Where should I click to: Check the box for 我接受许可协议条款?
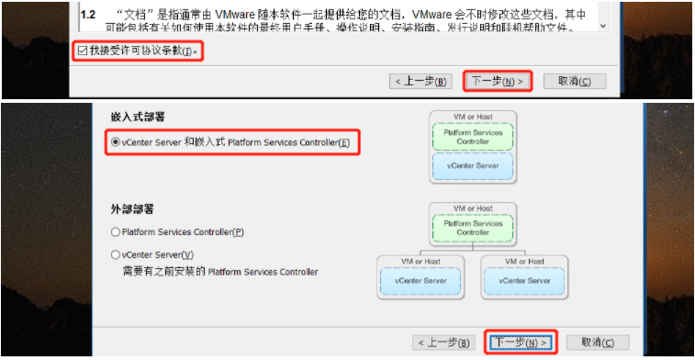[x=83, y=51]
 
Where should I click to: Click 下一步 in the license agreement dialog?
[x=497, y=81]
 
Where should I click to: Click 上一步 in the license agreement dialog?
[x=420, y=81]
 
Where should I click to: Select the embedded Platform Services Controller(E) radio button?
[x=116, y=142]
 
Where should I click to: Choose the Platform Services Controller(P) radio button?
[x=116, y=232]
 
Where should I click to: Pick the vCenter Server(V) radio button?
[x=116, y=254]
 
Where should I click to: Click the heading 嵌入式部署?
[x=130, y=117]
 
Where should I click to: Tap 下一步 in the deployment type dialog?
[x=521, y=343]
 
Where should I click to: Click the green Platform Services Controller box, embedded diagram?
[x=473, y=138]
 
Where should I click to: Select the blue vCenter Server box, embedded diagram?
[x=473, y=166]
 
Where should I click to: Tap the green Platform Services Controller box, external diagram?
[x=473, y=228]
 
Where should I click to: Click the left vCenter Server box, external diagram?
[x=420, y=280]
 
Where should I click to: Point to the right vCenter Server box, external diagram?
[x=524, y=280]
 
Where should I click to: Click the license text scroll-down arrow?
[x=603, y=27]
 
